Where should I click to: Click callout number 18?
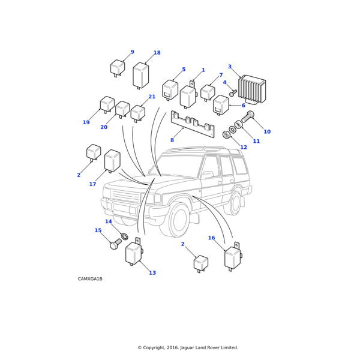click(x=157, y=53)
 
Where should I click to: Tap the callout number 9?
click(x=132, y=52)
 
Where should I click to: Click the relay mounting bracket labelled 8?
click(x=192, y=124)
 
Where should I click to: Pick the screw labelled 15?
click(x=115, y=244)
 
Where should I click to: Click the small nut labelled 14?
click(x=125, y=236)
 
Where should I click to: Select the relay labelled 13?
click(x=133, y=252)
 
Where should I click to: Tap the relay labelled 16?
click(x=232, y=257)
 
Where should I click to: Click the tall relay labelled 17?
click(x=112, y=161)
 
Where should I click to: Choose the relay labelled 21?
click(x=138, y=112)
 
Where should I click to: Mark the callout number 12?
click(x=243, y=147)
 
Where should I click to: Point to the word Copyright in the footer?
click(x=158, y=347)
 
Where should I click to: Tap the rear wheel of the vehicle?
click(x=235, y=203)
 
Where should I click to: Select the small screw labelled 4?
click(x=232, y=94)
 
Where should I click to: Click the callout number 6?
click(x=243, y=106)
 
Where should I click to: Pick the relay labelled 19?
click(x=107, y=104)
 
